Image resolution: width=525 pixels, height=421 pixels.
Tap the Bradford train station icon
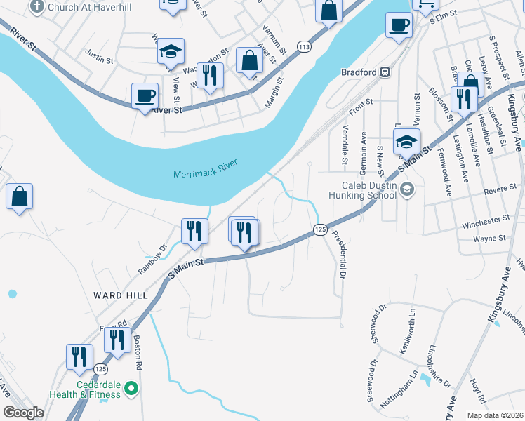385,72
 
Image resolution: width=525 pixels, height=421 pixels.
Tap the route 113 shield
303,47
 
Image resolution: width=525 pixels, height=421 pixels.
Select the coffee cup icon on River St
145,95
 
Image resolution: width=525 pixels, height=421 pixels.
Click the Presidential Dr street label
339,256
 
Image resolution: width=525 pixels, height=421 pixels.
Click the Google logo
23,413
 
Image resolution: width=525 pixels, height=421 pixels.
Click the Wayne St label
490,239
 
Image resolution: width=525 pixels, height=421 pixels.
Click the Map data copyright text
496,414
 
